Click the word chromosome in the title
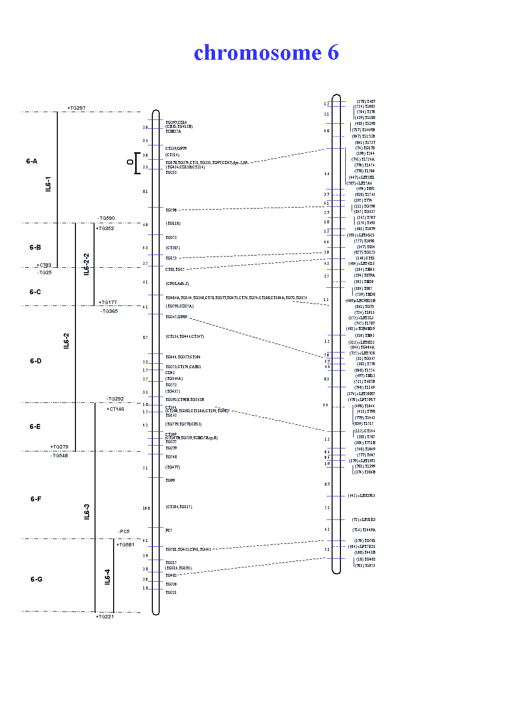258,53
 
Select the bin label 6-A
32,161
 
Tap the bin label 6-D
36,361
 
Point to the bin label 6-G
36,579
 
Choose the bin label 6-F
36,499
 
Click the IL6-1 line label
48,184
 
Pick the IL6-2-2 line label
87,264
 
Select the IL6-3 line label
87,512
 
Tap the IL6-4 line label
107,577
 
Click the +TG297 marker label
76,108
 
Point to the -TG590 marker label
106,218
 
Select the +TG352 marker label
105,229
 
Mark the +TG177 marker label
108,303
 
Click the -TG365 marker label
109,311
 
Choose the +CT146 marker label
116,409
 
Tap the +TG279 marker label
59,447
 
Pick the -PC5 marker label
124,532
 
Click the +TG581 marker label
125,545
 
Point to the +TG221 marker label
105,617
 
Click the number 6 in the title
333,53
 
